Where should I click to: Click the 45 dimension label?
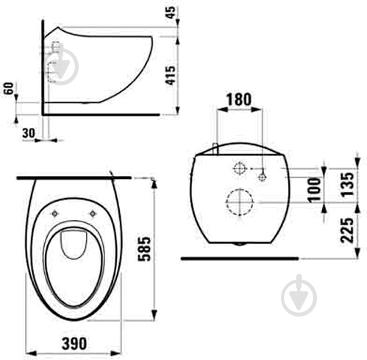click(171, 13)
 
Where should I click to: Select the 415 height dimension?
click(171, 75)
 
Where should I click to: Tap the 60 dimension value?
click(9, 88)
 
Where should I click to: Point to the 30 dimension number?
click(29, 133)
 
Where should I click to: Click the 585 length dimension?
click(144, 249)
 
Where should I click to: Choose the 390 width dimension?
click(74, 344)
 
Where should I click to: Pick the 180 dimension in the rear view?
click(238, 99)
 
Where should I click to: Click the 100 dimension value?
click(315, 190)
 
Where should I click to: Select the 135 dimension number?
click(348, 184)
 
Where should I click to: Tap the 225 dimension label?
click(348, 230)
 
